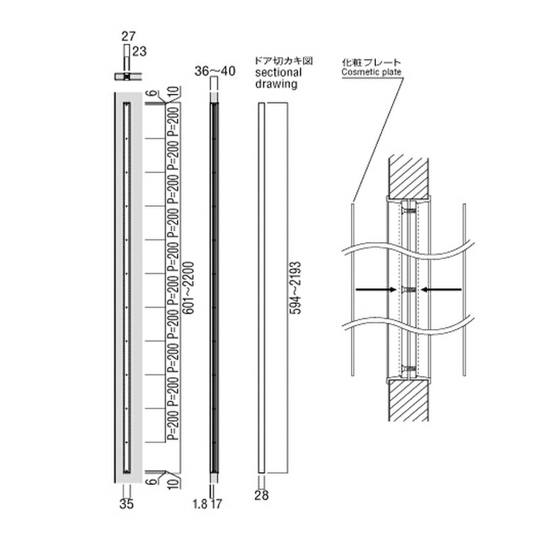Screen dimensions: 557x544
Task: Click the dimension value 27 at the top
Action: click(128, 37)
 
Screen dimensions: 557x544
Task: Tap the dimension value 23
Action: click(139, 51)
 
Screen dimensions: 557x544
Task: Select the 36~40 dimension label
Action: click(214, 72)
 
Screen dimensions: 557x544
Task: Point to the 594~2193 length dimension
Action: click(295, 288)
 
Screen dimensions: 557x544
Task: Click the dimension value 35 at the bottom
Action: click(127, 504)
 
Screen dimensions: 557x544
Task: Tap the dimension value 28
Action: click(262, 495)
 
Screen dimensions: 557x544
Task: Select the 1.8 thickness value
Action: click(200, 504)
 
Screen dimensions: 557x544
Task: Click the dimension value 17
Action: click(216, 504)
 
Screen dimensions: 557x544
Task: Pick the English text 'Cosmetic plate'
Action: click(371, 72)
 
